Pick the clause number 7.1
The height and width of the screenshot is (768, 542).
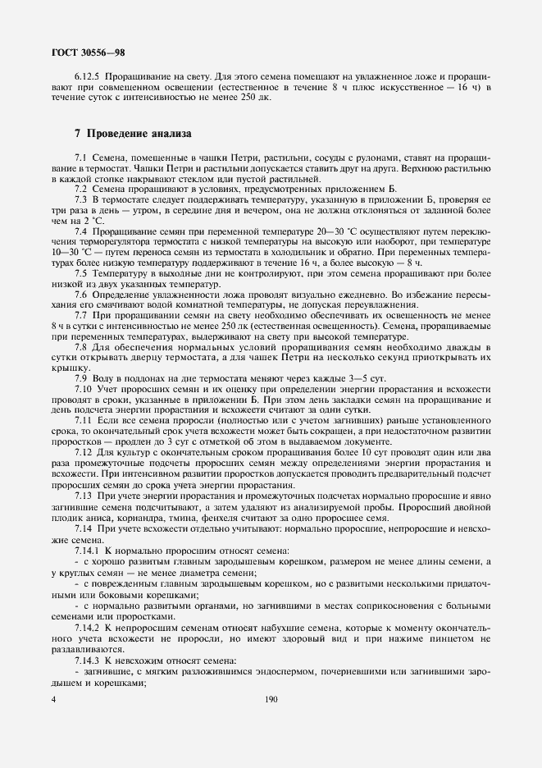(80, 156)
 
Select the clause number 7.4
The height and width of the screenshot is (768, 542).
(80, 232)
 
